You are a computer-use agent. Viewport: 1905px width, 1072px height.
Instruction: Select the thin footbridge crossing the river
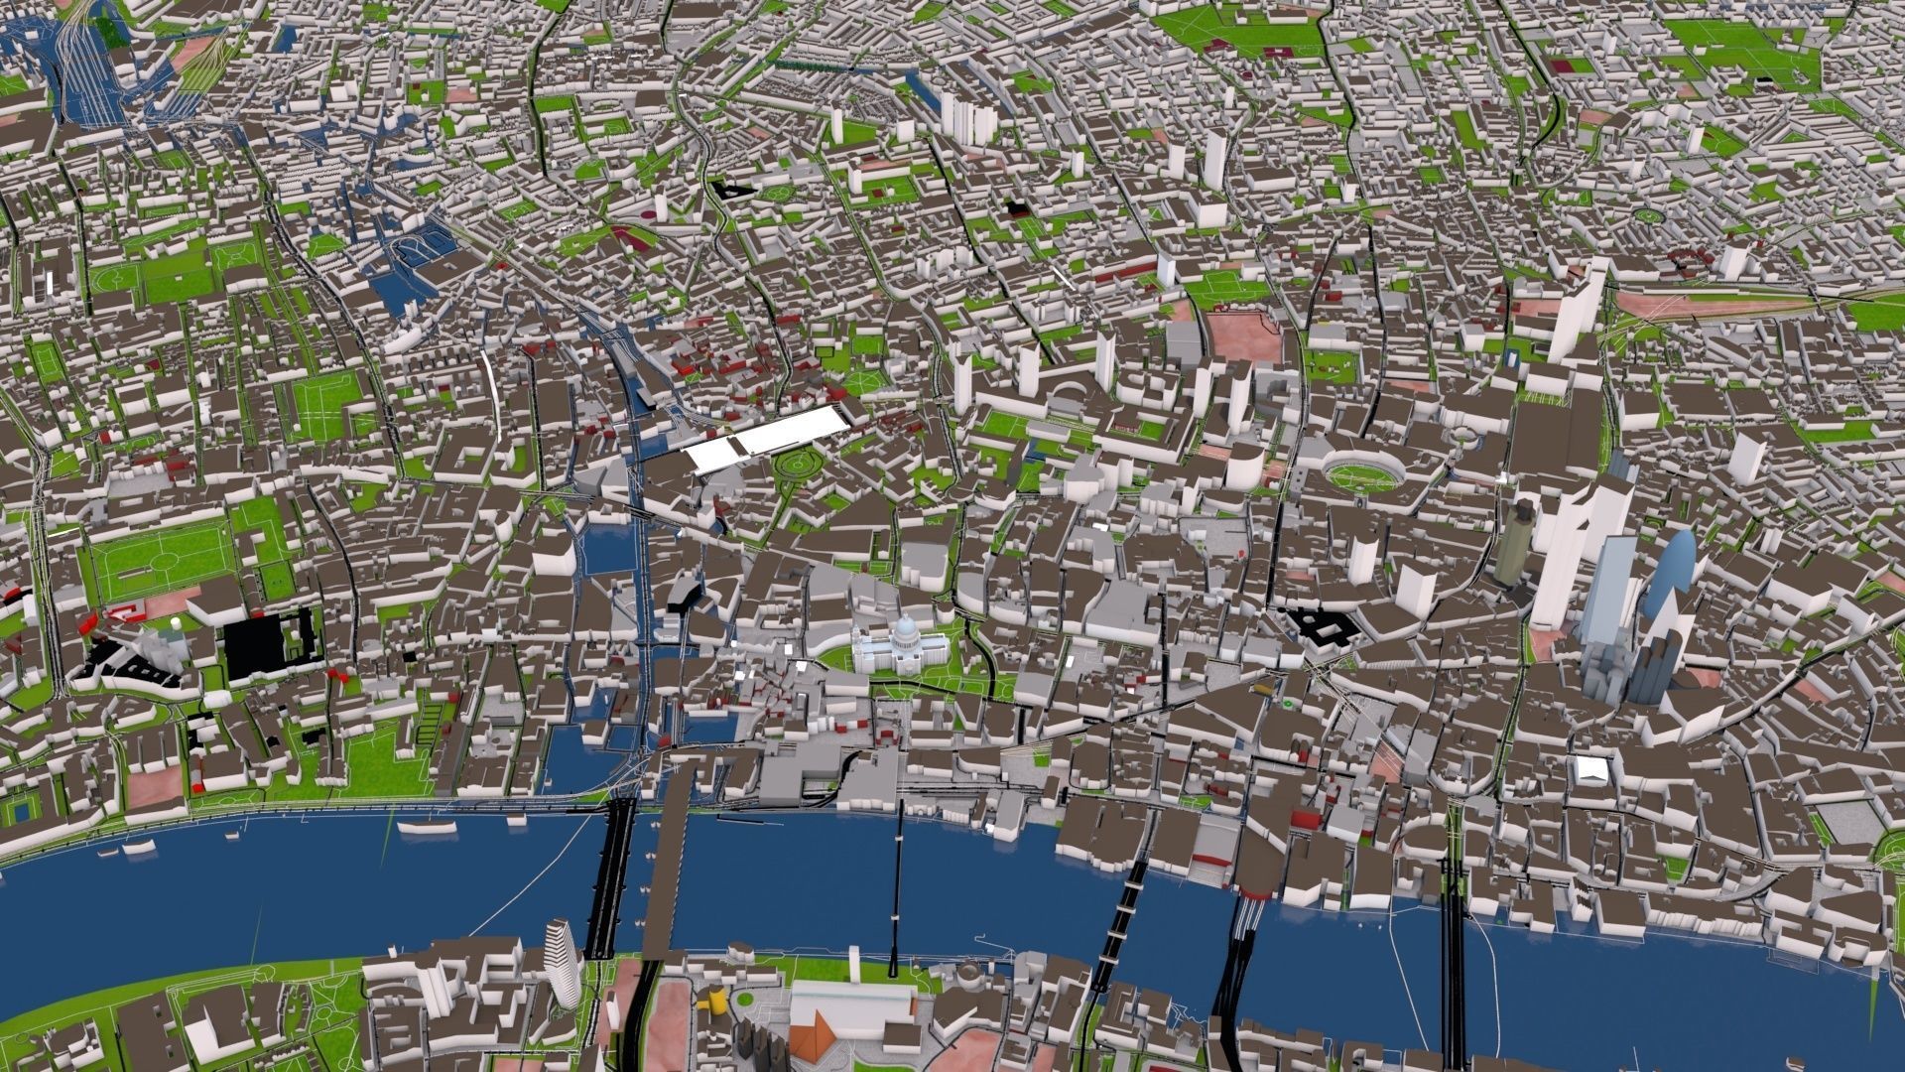coord(898,883)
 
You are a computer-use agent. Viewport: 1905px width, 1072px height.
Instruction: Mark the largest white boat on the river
coord(426,825)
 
